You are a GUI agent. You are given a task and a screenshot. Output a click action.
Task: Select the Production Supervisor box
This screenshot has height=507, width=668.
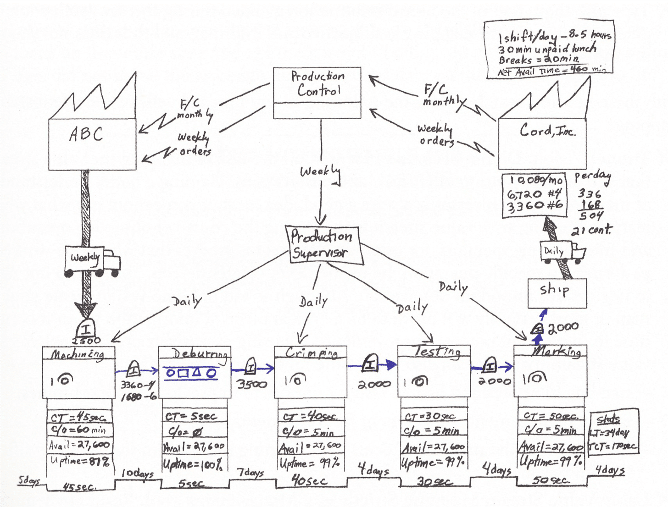[x=323, y=245]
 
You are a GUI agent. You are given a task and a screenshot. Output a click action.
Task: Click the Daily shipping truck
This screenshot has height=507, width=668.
[x=562, y=253]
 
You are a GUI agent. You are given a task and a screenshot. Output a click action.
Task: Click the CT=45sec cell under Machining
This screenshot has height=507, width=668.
[x=79, y=418]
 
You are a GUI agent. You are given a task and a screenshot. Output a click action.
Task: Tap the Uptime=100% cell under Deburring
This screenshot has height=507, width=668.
[x=194, y=464]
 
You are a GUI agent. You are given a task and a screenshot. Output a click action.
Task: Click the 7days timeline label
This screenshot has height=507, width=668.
[x=250, y=472]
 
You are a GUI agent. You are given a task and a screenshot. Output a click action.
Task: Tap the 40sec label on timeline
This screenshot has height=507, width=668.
[x=310, y=480]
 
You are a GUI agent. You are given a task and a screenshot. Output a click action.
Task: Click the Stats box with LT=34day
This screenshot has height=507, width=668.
[x=614, y=432]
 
